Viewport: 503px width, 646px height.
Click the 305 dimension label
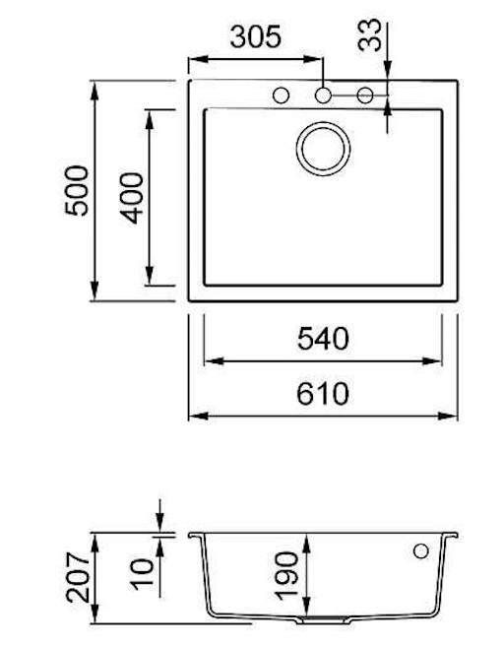click(x=255, y=36)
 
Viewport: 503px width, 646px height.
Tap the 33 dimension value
click(x=369, y=35)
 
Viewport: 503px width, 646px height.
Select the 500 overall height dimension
click(x=77, y=190)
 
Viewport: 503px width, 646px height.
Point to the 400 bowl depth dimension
click(x=132, y=198)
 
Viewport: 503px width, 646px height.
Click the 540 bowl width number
click(x=323, y=339)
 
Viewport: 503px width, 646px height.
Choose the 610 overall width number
click(x=323, y=394)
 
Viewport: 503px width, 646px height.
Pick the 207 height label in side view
click(x=78, y=577)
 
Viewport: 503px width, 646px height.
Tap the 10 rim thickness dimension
click(x=142, y=574)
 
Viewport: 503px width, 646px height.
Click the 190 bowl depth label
click(x=285, y=576)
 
